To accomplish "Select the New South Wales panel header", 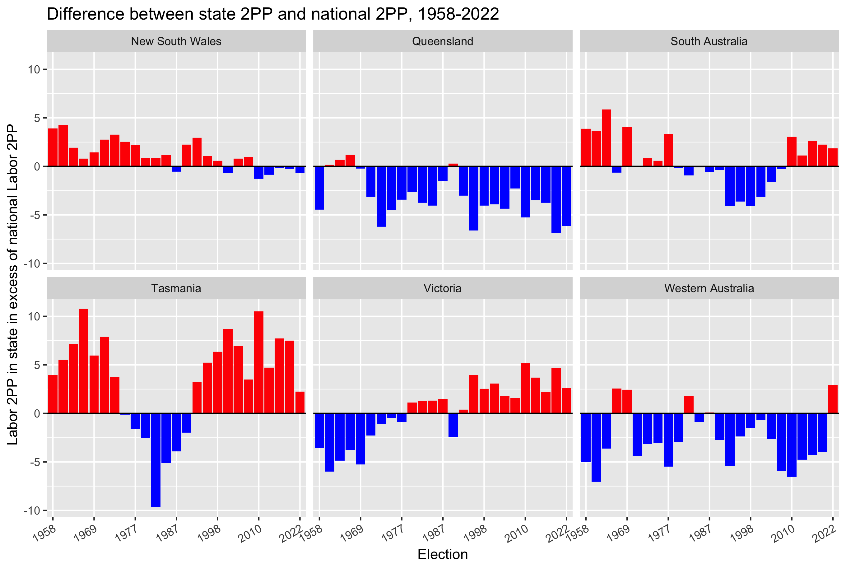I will click(x=176, y=41).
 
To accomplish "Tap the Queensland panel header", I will click(x=442, y=41).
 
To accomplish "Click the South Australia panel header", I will click(x=709, y=41).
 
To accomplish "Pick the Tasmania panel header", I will click(x=176, y=288).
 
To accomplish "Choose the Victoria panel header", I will click(x=442, y=288).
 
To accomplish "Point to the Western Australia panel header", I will click(x=709, y=288).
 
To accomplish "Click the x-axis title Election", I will click(x=442, y=554).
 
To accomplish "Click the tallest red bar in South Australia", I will click(x=606, y=138).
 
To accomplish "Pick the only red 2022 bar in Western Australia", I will click(x=833, y=399).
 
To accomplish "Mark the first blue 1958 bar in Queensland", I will click(x=319, y=188).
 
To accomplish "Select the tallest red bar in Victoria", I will click(x=525, y=388).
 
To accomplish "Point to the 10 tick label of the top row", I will click(x=35, y=69).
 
